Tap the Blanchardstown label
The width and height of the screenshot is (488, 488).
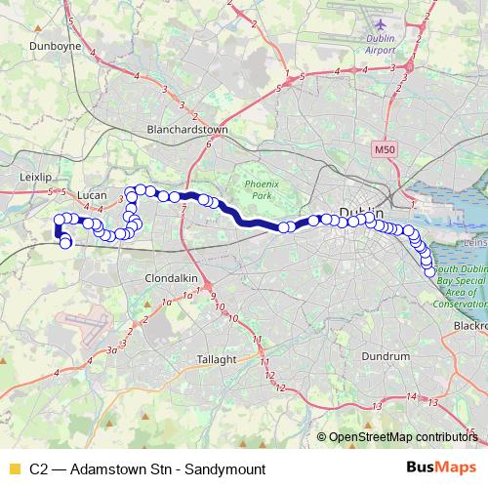coord(185,128)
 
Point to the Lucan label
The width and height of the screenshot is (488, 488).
coord(91,193)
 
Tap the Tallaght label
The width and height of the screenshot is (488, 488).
coord(217,359)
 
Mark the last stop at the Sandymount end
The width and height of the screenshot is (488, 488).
coord(429,271)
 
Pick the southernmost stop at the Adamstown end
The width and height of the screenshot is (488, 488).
coord(65,244)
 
